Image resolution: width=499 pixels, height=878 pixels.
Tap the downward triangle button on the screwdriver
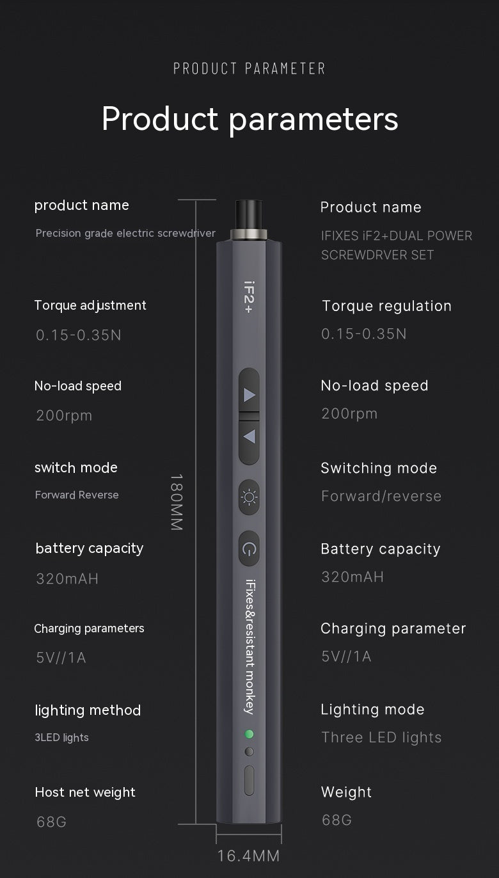(249, 437)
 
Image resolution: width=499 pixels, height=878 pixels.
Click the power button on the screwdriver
(249, 548)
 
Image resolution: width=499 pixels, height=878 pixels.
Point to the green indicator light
(249, 734)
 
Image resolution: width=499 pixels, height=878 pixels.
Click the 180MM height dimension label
(177, 502)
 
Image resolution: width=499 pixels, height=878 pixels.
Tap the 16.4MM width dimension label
(248, 856)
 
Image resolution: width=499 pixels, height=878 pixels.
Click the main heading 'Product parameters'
(249, 118)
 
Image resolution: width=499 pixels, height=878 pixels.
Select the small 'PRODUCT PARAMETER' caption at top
(249, 68)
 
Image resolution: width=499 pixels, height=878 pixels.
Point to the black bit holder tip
(249, 214)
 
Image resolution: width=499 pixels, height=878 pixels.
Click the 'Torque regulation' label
(386, 306)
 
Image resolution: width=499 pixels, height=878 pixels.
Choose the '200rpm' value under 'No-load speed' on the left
(64, 415)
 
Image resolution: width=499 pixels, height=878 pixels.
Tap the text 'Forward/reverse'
(381, 496)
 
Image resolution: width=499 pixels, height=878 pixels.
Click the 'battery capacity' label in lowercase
(90, 548)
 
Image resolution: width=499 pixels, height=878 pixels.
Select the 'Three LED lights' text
(381, 737)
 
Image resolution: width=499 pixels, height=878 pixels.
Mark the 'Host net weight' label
(85, 792)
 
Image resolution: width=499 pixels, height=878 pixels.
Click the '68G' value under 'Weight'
(337, 820)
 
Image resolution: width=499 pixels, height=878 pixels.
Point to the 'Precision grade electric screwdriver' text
(125, 234)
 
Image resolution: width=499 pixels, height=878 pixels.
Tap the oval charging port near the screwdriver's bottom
(249, 780)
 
